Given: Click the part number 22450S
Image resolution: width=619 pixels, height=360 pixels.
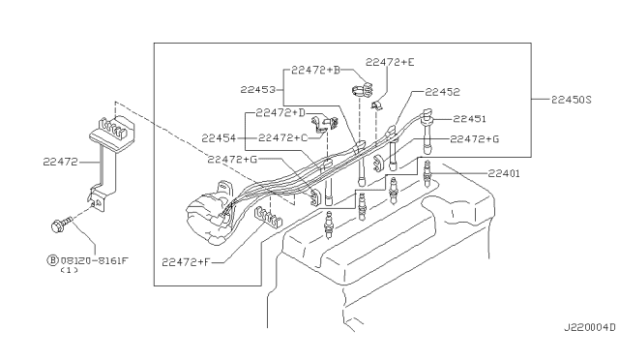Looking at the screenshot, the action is pyautogui.click(x=572, y=100).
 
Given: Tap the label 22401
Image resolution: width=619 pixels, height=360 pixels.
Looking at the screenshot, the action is pyautogui.click(x=504, y=173).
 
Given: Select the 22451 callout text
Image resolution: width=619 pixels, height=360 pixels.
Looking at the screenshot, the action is pyautogui.click(x=469, y=119).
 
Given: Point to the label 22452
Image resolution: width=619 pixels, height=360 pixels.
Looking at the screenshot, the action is pyautogui.click(x=443, y=92).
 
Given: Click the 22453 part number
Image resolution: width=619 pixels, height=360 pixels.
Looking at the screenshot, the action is pyautogui.click(x=258, y=90).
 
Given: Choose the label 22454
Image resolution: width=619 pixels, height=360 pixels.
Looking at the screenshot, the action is pyautogui.click(x=219, y=138).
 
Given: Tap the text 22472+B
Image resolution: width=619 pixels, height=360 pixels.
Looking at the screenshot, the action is pyautogui.click(x=316, y=71).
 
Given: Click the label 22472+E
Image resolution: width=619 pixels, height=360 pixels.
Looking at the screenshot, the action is pyautogui.click(x=390, y=63).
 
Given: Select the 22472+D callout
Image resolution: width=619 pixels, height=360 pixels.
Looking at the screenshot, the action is pyautogui.click(x=280, y=113).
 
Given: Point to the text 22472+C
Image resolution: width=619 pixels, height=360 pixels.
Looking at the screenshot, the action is pyautogui.click(x=283, y=138).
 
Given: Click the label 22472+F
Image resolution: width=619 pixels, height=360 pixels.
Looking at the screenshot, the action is pyautogui.click(x=186, y=262).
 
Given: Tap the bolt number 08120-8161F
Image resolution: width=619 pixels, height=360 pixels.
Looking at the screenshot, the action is pyautogui.click(x=95, y=261).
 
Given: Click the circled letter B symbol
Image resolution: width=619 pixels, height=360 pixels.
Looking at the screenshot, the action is pyautogui.click(x=52, y=260).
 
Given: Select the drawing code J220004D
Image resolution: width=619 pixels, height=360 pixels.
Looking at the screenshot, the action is pyautogui.click(x=589, y=328).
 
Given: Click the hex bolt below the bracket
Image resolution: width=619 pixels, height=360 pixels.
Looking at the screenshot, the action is pyautogui.click(x=61, y=225).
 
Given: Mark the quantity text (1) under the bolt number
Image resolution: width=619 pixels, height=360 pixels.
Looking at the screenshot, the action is pyautogui.click(x=69, y=271).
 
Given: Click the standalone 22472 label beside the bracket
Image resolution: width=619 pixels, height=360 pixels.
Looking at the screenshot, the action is pyautogui.click(x=60, y=162).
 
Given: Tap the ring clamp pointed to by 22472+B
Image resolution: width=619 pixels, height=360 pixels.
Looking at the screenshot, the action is pyautogui.click(x=364, y=91).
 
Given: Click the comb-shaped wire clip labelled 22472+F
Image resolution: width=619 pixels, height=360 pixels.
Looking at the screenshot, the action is pyautogui.click(x=268, y=218).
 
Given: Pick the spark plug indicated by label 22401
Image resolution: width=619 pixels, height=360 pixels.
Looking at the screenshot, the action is pyautogui.click(x=427, y=174).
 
